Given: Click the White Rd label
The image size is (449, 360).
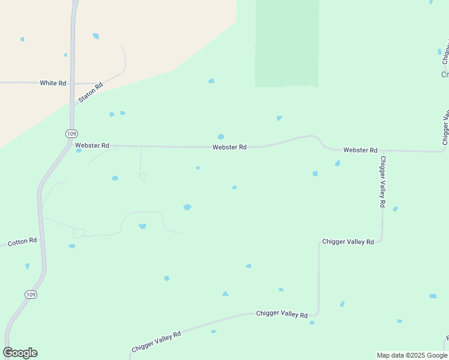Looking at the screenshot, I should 53,83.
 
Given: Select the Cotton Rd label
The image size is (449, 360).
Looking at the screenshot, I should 22,241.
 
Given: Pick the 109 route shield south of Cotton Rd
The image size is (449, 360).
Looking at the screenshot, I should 31,294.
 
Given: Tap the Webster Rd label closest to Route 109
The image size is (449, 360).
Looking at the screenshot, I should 92,145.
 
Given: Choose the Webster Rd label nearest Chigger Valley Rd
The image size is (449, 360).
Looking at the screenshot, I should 360,150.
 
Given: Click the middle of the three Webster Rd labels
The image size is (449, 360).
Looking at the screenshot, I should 229,147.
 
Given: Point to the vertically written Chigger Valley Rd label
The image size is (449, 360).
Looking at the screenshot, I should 382,182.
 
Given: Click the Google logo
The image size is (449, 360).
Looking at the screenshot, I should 20,353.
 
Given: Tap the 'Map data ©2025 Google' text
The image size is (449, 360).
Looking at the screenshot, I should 412,355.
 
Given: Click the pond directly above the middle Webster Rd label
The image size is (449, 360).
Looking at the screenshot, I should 221,137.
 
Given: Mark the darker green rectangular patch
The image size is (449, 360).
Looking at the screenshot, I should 287,43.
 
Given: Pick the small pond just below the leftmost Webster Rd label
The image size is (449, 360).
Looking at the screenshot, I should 79,151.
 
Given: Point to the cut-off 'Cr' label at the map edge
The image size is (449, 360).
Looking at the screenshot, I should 445,75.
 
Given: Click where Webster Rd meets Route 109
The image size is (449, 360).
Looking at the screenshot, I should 71,145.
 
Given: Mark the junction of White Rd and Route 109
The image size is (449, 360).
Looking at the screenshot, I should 72,83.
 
